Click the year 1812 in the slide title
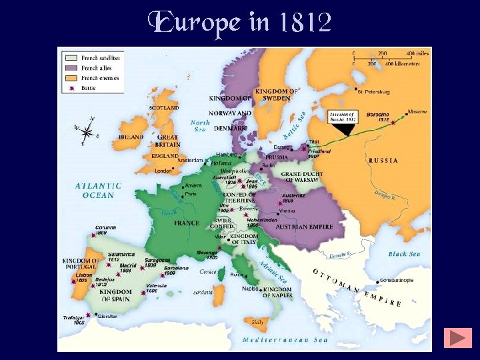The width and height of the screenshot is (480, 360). click(305, 23)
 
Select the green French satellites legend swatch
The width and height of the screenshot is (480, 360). click(70, 58)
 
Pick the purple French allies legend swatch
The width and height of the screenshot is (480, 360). click(70, 68)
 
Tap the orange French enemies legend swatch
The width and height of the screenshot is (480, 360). click(70, 78)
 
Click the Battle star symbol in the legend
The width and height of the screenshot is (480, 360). click(70, 87)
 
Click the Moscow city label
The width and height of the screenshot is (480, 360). click(418, 112)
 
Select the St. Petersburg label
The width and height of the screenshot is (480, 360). click(375, 91)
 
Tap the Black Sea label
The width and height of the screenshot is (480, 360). click(405, 254)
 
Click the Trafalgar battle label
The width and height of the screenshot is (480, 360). click(75, 319)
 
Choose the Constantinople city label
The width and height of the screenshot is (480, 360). click(398, 281)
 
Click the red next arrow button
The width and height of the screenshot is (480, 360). click(460, 337)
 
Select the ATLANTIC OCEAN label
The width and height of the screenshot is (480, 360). click(98, 190)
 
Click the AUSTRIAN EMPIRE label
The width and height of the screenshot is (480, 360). click(300, 227)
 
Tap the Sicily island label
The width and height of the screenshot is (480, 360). click(257, 321)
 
